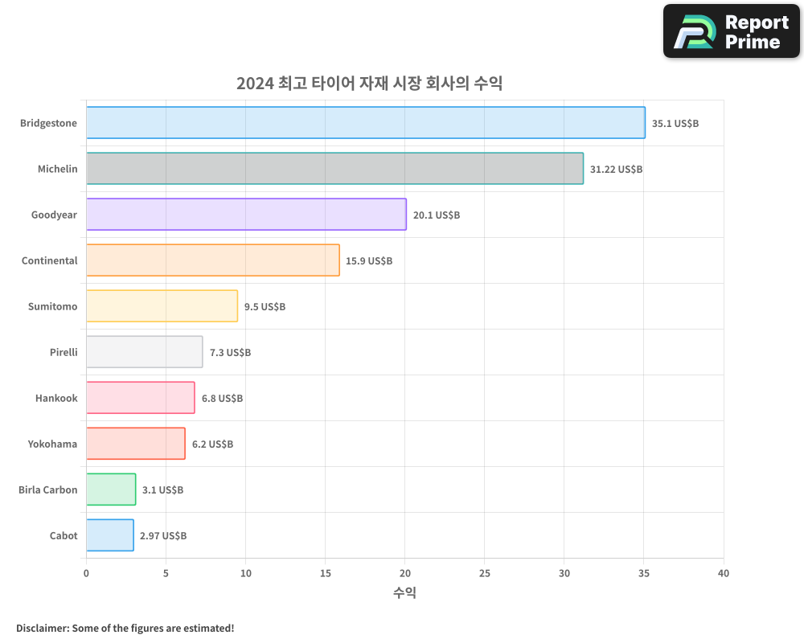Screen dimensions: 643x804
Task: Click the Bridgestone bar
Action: point(365,123)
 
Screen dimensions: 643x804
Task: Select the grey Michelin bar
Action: point(334,169)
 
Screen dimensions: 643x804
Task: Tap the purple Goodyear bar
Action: point(246,215)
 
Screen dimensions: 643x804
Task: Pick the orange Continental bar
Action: point(212,260)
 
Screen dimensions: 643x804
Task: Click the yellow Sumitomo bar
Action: point(162,306)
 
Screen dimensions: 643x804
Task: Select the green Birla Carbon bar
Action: point(111,489)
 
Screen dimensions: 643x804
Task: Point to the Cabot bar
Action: point(109,535)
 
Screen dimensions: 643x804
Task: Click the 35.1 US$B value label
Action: point(675,124)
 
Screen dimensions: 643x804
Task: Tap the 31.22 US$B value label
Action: point(616,170)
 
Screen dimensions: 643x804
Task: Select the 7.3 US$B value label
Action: point(230,353)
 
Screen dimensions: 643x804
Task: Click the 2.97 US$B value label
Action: point(163,536)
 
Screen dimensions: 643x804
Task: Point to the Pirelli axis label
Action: point(64,352)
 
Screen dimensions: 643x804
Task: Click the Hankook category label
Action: point(56,398)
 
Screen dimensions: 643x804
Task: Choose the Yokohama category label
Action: point(52,444)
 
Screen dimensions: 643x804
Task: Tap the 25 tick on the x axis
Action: point(484,574)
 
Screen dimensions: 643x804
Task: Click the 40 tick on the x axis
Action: point(723,574)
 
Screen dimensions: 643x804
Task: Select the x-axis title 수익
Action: point(404,593)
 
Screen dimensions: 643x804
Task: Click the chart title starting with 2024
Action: point(369,83)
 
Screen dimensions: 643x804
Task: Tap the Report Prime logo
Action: point(731,31)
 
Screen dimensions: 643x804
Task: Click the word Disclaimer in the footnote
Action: point(42,628)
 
